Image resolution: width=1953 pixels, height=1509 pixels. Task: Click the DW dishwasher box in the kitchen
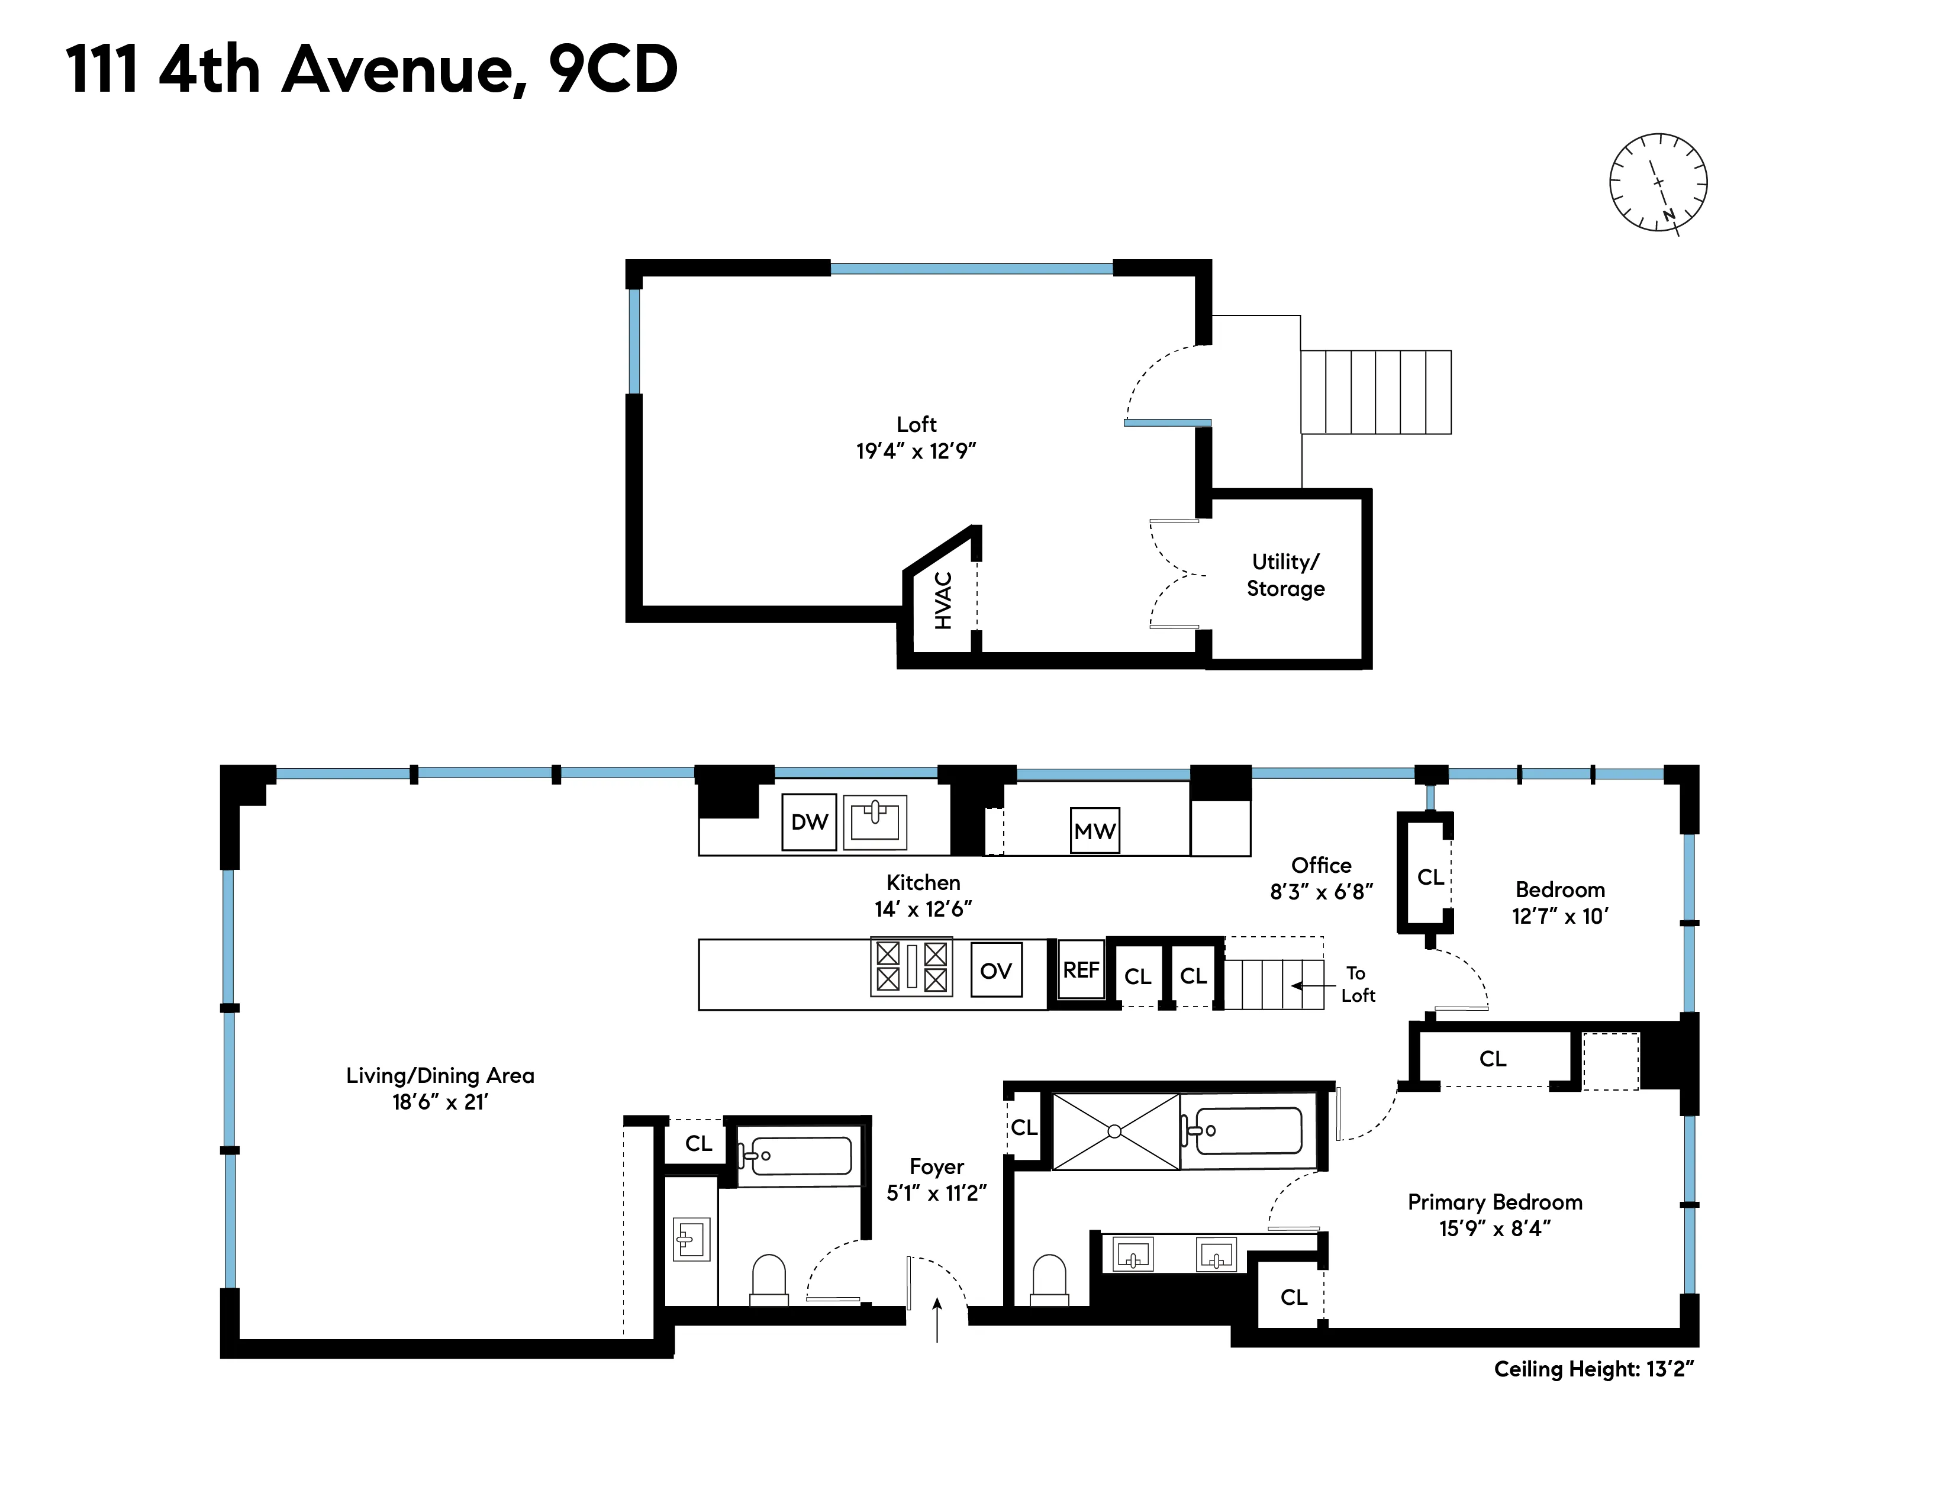[x=809, y=821]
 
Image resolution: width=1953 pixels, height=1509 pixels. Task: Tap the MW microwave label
[x=1094, y=830]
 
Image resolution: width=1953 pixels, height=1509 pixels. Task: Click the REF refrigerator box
[x=1080, y=970]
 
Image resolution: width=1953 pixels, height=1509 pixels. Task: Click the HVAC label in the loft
[x=943, y=601]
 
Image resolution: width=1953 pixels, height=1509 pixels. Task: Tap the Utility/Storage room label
[x=1285, y=575]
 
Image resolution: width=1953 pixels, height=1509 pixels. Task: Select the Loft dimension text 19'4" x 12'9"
[x=916, y=450]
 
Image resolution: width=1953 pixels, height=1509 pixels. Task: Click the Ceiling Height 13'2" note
[x=1594, y=1369]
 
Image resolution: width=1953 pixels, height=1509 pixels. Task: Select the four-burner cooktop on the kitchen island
[x=911, y=966]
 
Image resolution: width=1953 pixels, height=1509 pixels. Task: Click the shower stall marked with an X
[x=1115, y=1131]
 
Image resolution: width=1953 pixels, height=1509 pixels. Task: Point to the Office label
[x=1321, y=865]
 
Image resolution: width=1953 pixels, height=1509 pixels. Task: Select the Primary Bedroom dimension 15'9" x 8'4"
[x=1494, y=1229]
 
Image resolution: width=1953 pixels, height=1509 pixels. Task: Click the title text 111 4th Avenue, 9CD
[x=371, y=70]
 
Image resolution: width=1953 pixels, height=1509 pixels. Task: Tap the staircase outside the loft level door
[x=1375, y=392]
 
